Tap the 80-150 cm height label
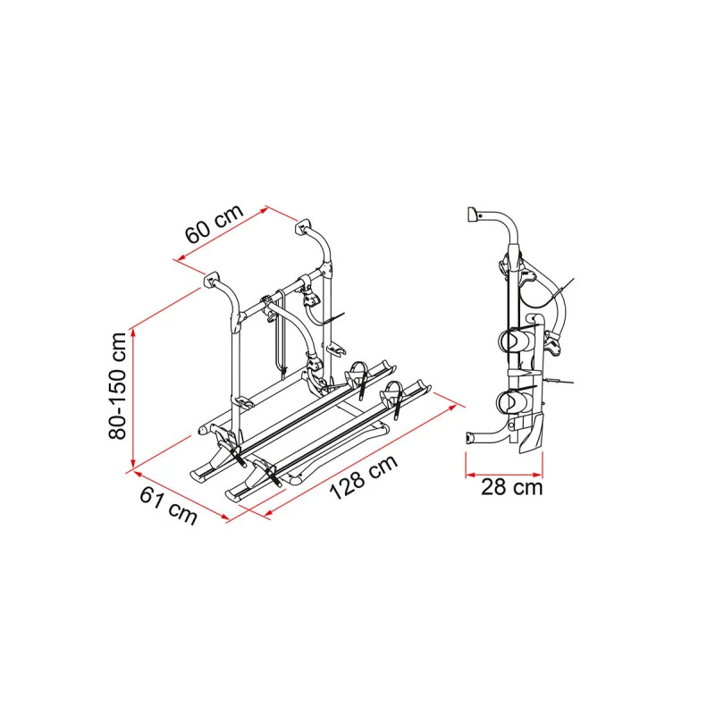coord(117,386)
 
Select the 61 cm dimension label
coord(168,506)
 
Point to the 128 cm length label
coord(364,477)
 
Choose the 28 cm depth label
coord(511,487)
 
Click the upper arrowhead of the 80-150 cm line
coord(133,332)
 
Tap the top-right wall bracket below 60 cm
coord(303,227)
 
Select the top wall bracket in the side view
coord(473,214)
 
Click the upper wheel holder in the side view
coord(513,340)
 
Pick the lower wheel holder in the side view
coord(510,400)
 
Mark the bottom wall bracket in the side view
coord(470,438)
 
